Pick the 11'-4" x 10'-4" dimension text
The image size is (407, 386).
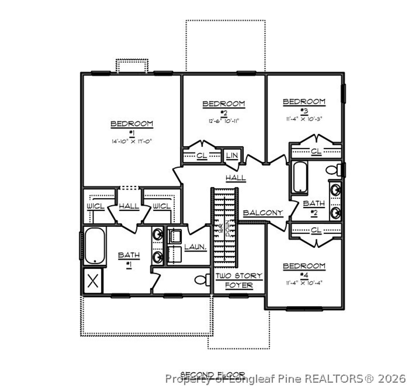304,283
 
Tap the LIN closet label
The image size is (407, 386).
232,155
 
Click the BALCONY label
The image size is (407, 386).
263,213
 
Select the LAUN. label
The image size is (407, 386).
195,247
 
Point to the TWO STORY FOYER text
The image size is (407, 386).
239,280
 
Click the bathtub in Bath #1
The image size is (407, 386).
95,245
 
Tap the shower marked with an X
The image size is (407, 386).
93,281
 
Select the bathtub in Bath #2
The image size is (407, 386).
300,177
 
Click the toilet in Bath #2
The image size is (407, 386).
333,170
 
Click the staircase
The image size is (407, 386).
225,227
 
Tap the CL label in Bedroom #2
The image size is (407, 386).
202,155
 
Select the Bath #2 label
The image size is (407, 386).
314,207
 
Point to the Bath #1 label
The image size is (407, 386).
129,259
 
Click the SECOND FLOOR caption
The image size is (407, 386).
213,374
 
